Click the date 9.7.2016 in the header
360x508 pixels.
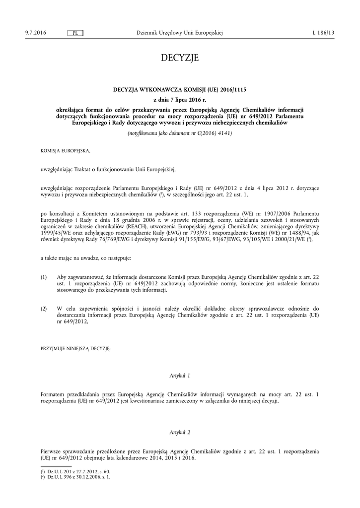click(35, 33)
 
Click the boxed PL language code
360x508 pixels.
click(75, 33)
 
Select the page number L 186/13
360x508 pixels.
click(324, 33)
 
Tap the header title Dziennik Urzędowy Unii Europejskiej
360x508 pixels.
click(179, 33)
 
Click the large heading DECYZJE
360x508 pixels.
click(180, 59)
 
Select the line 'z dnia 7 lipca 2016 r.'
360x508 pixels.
click(180, 100)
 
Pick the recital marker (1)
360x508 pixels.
click(44, 276)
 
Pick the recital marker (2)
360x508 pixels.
click(44, 309)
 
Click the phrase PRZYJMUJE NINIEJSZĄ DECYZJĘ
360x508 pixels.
click(75, 349)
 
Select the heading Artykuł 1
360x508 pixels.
click(180, 376)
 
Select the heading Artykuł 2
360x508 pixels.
click(180, 433)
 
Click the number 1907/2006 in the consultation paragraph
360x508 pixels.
click(258, 213)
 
